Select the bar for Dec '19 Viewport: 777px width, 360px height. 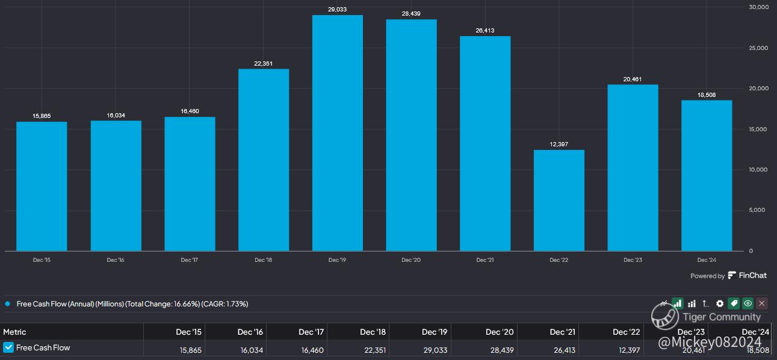337,133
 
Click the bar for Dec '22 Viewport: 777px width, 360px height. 559,200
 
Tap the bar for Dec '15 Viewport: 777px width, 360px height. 42,187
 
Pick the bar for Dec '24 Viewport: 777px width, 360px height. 707,176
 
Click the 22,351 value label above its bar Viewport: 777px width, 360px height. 264,63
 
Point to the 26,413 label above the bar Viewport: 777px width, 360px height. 485,30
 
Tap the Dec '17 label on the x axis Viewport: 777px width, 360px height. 190,260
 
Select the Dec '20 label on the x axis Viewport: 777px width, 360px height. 411,260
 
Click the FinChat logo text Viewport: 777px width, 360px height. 752,276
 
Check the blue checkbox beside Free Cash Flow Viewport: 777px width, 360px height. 8,347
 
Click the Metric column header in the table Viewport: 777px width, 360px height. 14,332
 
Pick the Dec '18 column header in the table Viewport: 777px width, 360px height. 373,332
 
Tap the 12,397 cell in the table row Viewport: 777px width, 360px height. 627,350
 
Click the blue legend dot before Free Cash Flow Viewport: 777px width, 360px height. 7,304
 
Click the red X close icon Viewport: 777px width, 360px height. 762,303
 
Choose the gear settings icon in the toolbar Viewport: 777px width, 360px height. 720,303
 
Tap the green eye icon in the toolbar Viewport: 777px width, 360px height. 748,303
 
